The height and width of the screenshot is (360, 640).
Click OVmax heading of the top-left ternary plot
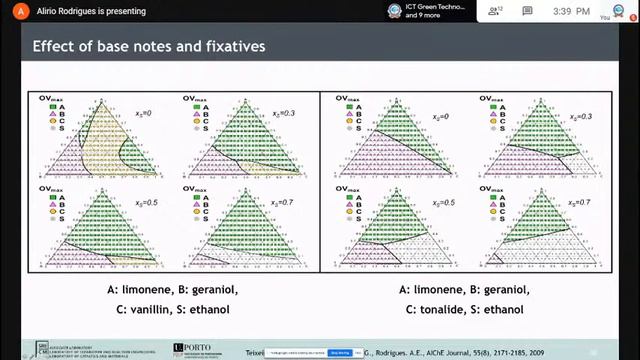coord(50,98)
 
